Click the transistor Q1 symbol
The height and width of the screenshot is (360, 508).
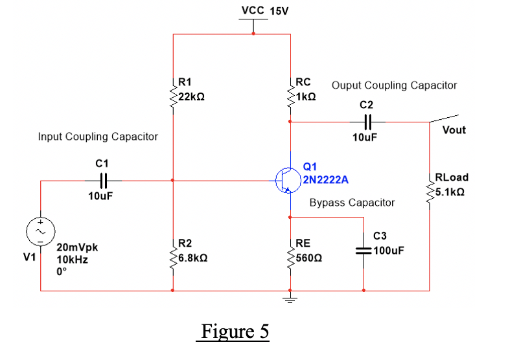point(288,180)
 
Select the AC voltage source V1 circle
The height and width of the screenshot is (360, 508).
point(40,232)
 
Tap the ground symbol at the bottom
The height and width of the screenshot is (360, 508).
point(290,298)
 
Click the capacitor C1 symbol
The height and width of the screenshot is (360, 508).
point(104,181)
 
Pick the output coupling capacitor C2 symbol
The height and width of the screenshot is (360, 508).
point(368,122)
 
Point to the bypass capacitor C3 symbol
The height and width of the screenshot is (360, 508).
point(364,251)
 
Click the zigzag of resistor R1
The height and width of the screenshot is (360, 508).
point(174,96)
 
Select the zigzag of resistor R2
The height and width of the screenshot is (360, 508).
point(174,258)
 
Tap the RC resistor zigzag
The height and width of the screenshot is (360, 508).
point(290,96)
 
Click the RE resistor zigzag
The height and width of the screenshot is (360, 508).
point(290,258)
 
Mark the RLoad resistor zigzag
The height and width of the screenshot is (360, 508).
point(430,192)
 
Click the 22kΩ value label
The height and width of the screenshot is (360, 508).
point(192,97)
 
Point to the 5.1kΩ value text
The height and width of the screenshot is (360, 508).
point(450,192)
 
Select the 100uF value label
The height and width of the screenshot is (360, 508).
point(389,251)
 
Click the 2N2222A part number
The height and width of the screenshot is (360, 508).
point(325,180)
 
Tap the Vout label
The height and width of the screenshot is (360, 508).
point(454,130)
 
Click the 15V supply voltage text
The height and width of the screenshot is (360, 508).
point(279,12)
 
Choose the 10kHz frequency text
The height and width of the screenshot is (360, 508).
point(73,260)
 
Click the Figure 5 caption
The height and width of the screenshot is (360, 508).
point(235,332)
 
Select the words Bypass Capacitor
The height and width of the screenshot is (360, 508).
point(352,203)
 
